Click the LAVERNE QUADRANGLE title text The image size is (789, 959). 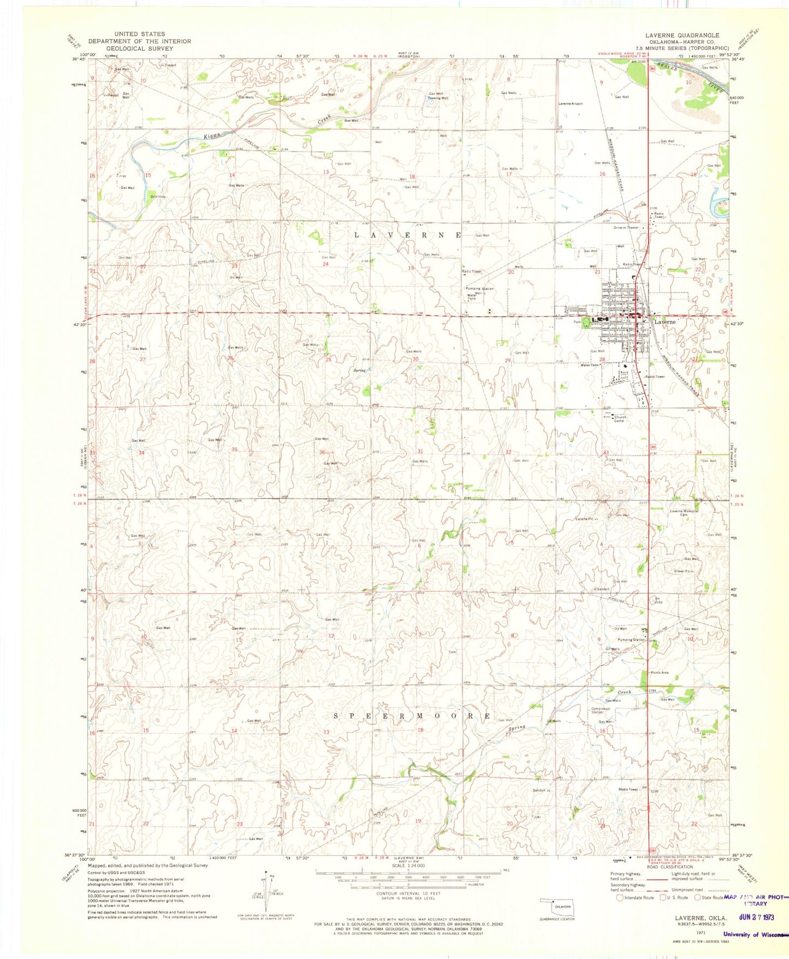pyautogui.click(x=682, y=35)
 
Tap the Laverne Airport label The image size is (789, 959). pyautogui.click(x=570, y=103)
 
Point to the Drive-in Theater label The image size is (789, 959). pyautogui.click(x=626, y=228)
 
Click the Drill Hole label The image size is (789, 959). pyautogui.click(x=158, y=196)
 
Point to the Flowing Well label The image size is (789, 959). pyautogui.click(x=438, y=98)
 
